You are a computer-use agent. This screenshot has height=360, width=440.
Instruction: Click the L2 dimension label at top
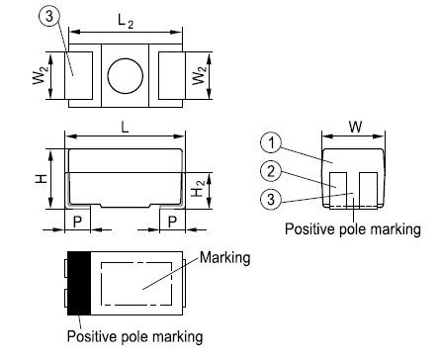point(126,22)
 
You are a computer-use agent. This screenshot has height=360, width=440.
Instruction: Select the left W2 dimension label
point(41,75)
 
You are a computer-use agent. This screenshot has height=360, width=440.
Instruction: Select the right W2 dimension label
point(200,75)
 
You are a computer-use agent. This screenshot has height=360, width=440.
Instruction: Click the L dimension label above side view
point(125,127)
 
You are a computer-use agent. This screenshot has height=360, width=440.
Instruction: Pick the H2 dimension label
point(198,189)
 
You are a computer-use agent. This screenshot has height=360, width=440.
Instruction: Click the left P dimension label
point(77,222)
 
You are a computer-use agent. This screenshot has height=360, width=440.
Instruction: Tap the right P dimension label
point(172,222)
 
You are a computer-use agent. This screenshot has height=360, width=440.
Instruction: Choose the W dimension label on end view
point(355,127)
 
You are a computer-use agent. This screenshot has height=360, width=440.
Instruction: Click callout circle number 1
point(271,142)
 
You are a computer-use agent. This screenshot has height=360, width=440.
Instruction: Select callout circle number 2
point(271,171)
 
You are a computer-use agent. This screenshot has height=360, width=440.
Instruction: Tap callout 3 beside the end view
point(271,199)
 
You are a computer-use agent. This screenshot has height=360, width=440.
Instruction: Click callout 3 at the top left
point(49,16)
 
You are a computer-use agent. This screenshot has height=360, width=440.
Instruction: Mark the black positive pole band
point(79,283)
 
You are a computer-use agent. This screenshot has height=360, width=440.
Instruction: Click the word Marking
point(225,258)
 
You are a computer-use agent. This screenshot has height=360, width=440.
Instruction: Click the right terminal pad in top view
point(172,75)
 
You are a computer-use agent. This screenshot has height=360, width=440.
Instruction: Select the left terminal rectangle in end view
point(338,190)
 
